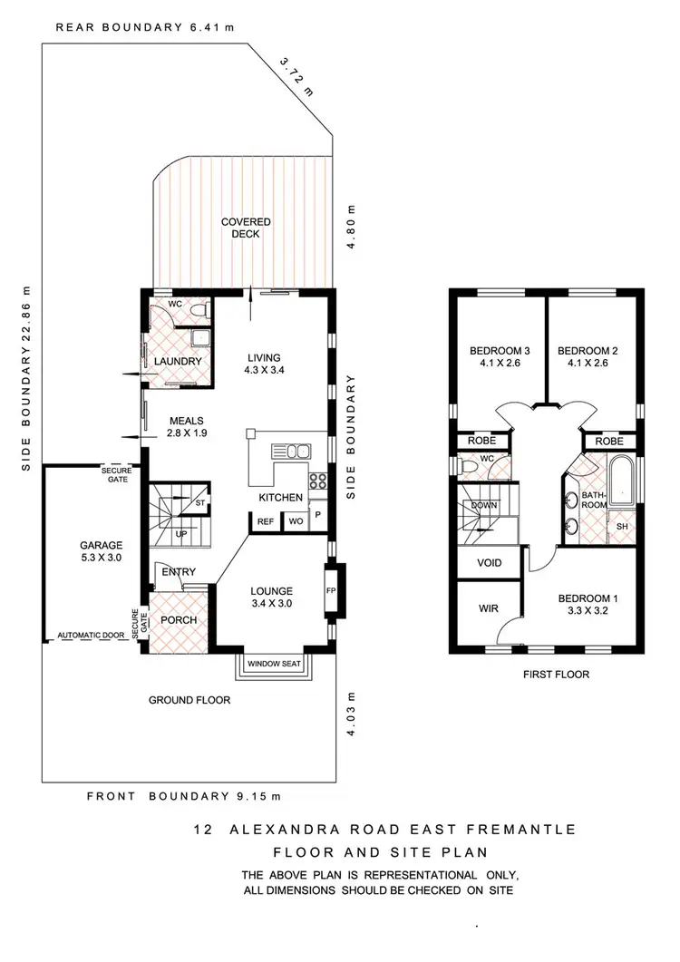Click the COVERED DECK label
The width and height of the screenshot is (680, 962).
[246, 228]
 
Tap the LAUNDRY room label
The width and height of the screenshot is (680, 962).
[178, 362]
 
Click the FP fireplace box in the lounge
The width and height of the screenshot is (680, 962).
[332, 588]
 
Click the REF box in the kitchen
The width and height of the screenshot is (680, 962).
[265, 521]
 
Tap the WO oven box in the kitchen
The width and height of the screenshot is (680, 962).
[295, 521]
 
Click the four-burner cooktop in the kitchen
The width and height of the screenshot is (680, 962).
[317, 481]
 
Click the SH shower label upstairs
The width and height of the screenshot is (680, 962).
[623, 526]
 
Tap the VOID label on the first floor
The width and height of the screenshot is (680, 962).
[490, 563]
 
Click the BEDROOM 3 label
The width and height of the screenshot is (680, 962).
[499, 357]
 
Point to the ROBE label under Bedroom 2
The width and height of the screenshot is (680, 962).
[609, 442]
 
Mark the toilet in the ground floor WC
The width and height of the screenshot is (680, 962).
[199, 309]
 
